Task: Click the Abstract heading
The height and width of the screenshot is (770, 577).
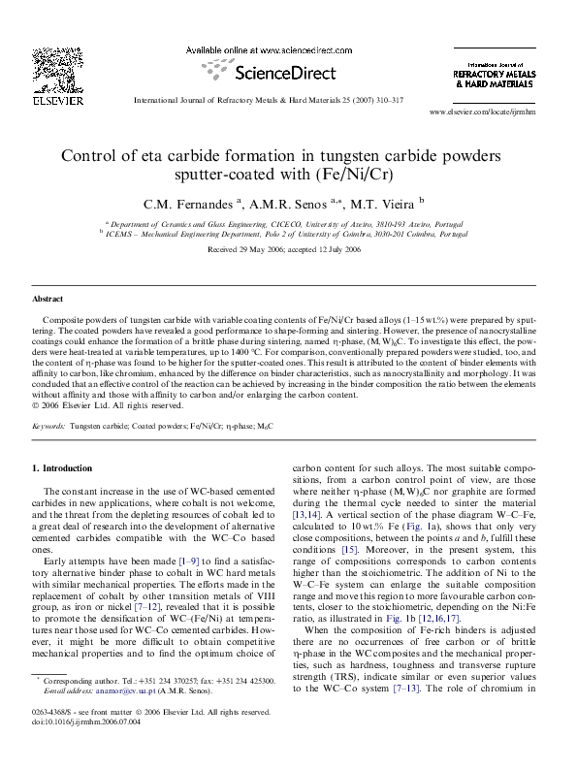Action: tap(48, 299)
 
